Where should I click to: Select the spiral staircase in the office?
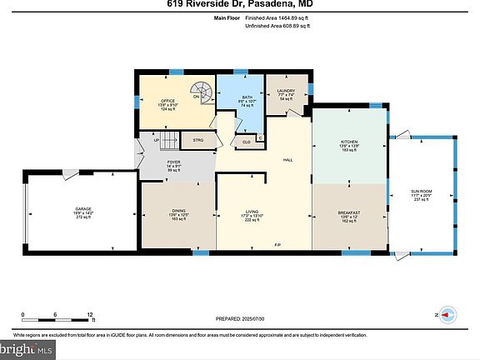tap(201, 91)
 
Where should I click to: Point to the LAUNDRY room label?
tap(287, 92)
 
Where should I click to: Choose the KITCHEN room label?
tap(349, 142)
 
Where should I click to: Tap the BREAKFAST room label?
tap(349, 213)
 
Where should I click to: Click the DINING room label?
tap(179, 212)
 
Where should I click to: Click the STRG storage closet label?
tap(197, 140)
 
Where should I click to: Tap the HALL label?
tap(287, 159)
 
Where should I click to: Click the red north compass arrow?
tap(448, 315)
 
